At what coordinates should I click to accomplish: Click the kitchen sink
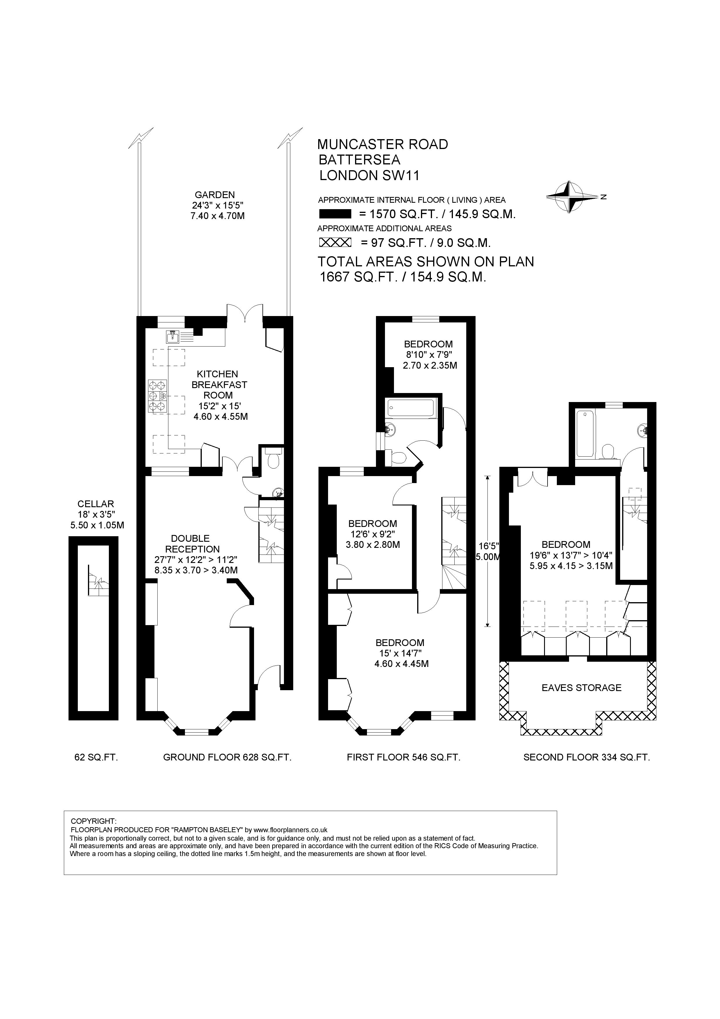click(x=172, y=337)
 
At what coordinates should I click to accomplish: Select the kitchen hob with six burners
click(x=157, y=396)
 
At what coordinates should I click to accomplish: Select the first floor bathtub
click(x=411, y=408)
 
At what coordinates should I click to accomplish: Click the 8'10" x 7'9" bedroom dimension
click(x=428, y=355)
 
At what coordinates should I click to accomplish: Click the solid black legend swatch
click(x=335, y=214)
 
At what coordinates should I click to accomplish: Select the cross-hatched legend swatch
click(x=335, y=242)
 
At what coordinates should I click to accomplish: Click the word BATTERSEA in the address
click(x=360, y=159)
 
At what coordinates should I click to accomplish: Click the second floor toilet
click(x=608, y=452)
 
